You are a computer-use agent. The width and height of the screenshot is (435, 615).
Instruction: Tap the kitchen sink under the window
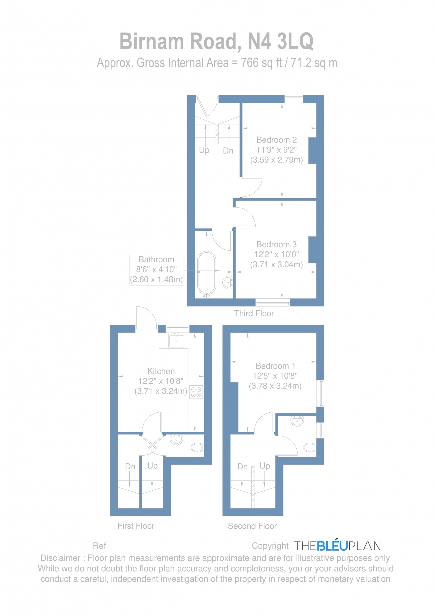tap(176, 340)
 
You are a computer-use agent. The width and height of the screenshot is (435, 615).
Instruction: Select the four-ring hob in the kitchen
tap(196, 392)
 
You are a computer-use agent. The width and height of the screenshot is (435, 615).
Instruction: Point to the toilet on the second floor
tap(309, 447)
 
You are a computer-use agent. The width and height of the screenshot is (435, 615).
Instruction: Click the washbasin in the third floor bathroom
tap(228, 282)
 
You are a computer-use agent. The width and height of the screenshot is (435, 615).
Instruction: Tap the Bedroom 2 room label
tap(276, 140)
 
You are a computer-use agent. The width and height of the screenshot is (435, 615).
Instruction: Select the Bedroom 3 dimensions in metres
tap(276, 264)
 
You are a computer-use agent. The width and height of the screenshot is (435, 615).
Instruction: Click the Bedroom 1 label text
tap(275, 366)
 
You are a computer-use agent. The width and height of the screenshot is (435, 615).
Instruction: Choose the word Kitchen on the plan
tap(161, 371)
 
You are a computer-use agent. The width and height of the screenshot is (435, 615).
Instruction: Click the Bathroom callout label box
tap(157, 270)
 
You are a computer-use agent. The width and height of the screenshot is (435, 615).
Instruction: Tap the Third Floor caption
tap(254, 313)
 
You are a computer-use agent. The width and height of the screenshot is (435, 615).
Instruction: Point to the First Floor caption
tap(136, 526)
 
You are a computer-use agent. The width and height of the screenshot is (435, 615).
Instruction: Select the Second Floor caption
tap(252, 526)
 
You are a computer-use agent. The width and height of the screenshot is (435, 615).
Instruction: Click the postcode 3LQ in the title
tap(295, 41)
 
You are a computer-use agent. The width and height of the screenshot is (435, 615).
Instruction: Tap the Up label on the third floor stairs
tap(204, 150)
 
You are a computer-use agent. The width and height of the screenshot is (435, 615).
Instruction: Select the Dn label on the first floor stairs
tap(130, 466)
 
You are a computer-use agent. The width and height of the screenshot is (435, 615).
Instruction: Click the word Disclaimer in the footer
tap(60, 558)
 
